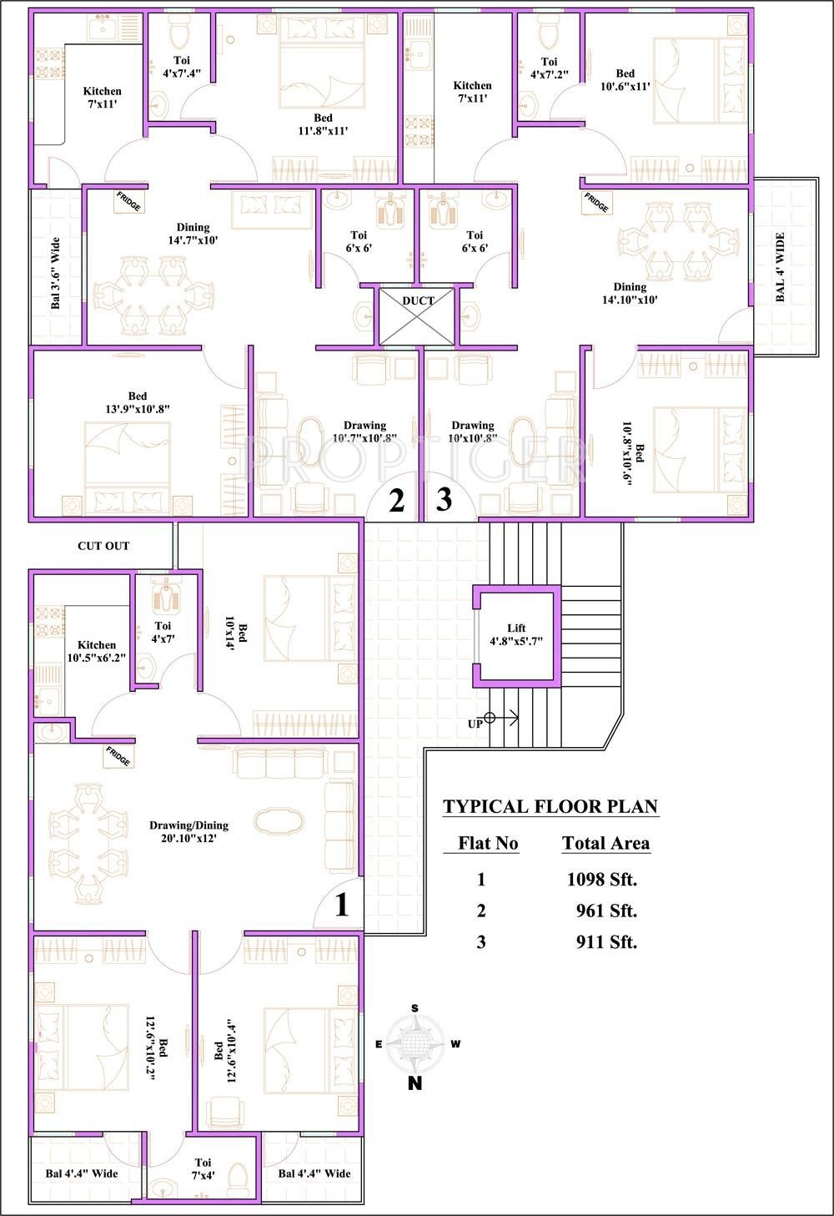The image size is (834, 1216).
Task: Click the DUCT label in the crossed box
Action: pos(419,300)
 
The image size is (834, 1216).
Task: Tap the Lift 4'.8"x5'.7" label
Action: pos(516,634)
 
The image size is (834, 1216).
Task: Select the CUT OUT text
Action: pos(103,546)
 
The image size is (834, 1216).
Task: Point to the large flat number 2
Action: pos(397,501)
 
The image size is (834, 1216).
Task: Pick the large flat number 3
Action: pos(444,499)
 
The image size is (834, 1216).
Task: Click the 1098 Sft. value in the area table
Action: pos(602,879)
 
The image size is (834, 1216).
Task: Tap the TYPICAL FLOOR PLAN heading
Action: pos(550,806)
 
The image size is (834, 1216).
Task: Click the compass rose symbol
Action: pos(415,1043)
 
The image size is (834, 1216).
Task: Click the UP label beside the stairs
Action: pos(475,724)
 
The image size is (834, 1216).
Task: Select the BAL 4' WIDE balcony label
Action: pos(781,267)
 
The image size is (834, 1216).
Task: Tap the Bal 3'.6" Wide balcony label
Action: pos(55,273)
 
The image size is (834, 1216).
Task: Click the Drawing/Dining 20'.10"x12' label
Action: pos(188,831)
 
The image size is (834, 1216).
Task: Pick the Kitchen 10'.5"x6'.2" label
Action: pos(97,651)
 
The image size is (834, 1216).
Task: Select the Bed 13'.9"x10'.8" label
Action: pos(138,402)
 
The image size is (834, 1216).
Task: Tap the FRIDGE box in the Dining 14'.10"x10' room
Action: pos(596,203)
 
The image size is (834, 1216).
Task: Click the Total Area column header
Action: pos(605,843)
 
